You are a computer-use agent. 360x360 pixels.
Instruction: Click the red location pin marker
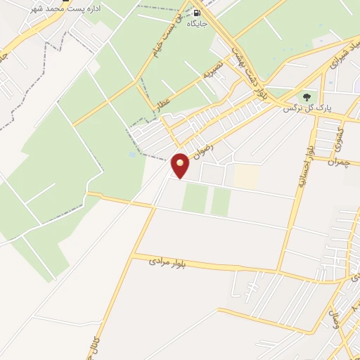pos(181,165)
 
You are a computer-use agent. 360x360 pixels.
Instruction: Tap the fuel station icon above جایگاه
pos(195,12)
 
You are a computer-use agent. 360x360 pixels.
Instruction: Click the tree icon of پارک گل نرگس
pos(306,96)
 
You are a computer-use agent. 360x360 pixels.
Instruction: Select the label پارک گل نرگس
pos(307,109)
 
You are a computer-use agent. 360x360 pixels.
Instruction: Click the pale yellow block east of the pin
pos(245,176)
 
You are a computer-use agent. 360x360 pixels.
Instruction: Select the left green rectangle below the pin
pos(195,198)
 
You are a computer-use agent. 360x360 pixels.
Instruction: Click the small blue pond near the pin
pos(132,154)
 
